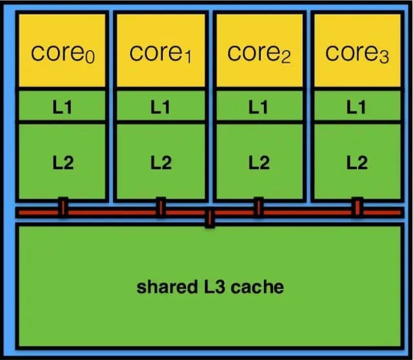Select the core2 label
tap(258, 53)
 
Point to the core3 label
tap(357, 53)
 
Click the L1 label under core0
tap(63, 106)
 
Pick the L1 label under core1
tap(160, 106)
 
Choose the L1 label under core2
tap(258, 106)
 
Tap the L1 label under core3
tap(357, 106)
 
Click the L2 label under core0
tap(63, 163)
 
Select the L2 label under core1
tap(160, 163)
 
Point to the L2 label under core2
tap(258, 163)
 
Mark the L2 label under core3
tap(357, 163)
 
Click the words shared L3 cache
tap(210, 286)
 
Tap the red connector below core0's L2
tap(63, 207)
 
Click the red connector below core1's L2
tap(160, 207)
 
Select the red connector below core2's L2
tap(257, 207)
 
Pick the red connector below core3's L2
tap(356, 207)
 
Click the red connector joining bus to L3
tap(209, 218)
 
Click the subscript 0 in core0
tap(90, 58)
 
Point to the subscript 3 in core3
tap(384, 58)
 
